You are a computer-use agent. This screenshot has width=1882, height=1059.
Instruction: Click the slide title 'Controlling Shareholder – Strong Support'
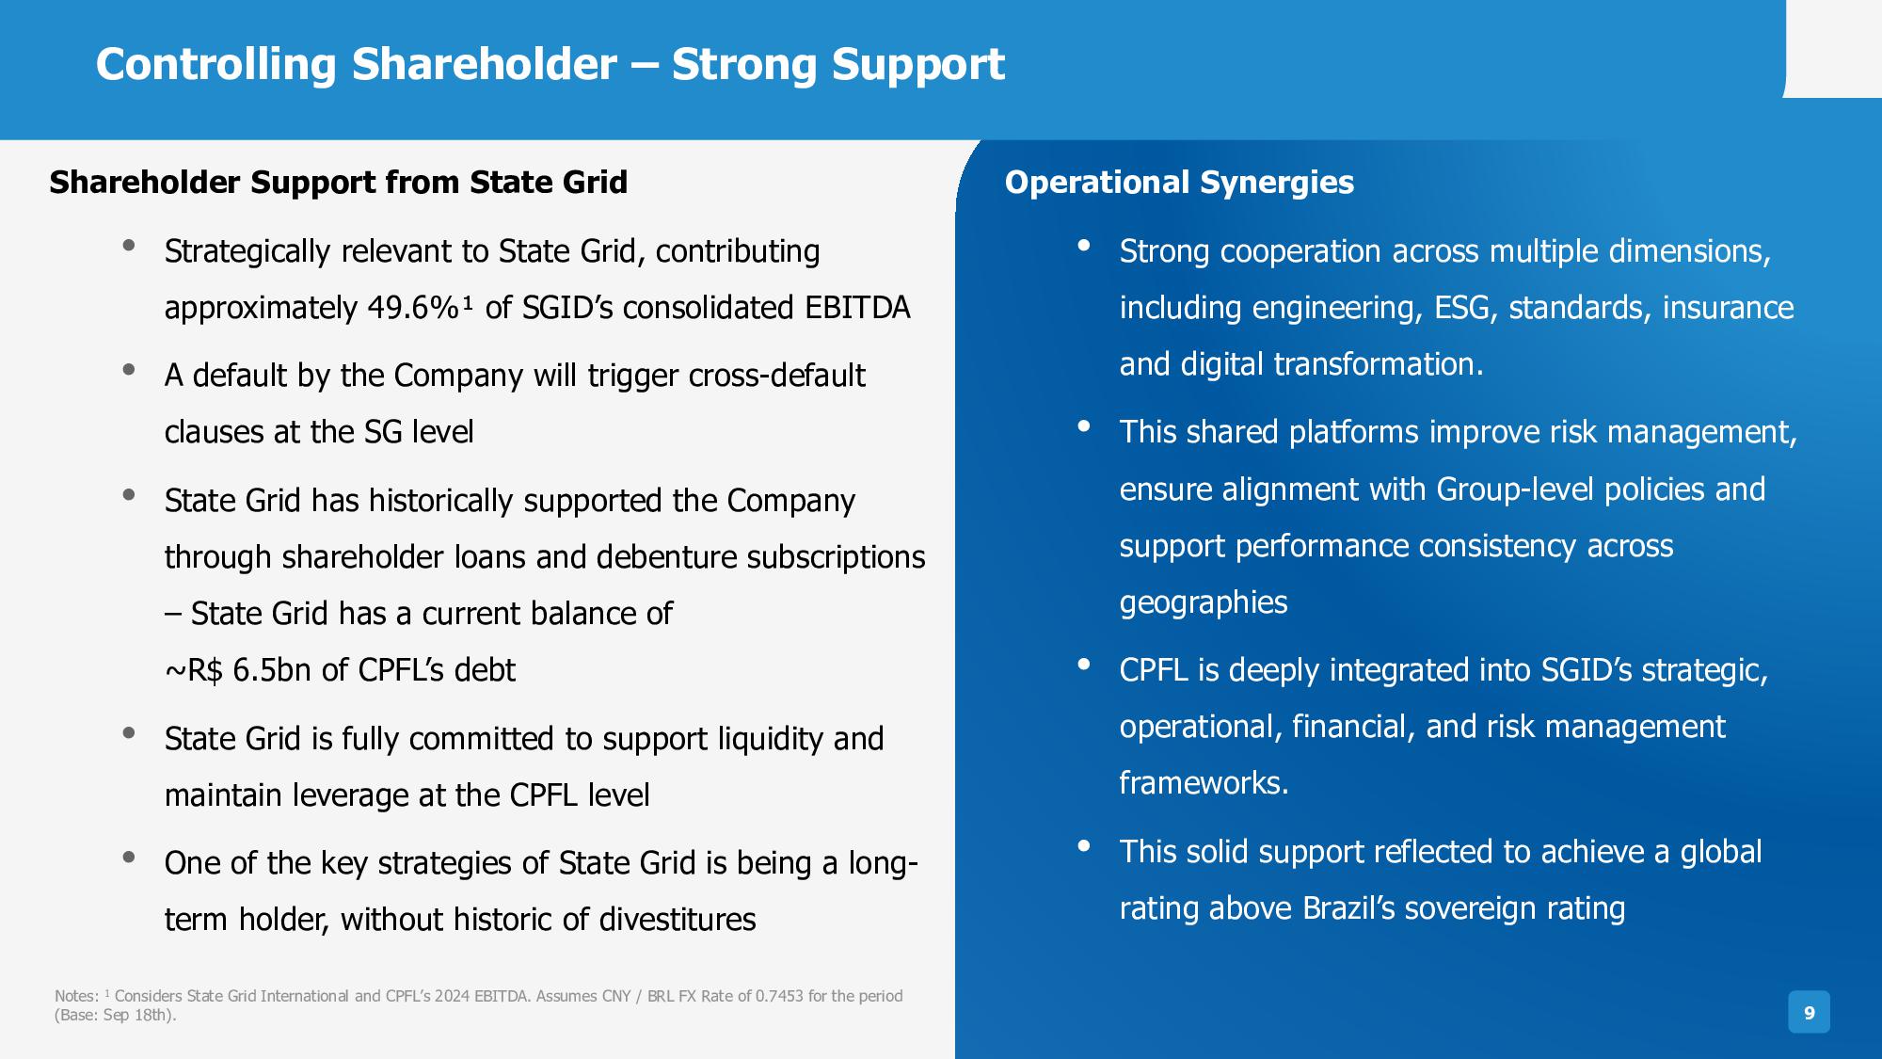(x=550, y=65)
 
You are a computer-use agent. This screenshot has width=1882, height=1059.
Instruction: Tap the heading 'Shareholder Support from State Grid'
(x=338, y=183)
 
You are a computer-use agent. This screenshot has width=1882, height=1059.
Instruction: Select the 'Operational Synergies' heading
(x=1179, y=183)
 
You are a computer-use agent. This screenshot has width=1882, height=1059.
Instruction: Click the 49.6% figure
(x=414, y=308)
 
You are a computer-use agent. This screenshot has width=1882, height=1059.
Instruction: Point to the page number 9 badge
(x=1809, y=1013)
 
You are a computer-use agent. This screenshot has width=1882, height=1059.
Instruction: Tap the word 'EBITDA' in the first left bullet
(x=857, y=308)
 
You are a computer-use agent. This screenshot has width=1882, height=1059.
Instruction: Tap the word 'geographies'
(x=1204, y=603)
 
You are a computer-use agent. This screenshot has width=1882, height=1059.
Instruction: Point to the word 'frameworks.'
(x=1204, y=783)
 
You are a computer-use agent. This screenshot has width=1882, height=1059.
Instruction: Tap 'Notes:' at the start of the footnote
(x=76, y=996)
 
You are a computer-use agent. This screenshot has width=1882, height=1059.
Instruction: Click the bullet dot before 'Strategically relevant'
(x=129, y=246)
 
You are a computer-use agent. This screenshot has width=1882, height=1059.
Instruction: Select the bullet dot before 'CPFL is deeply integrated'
(x=1084, y=665)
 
